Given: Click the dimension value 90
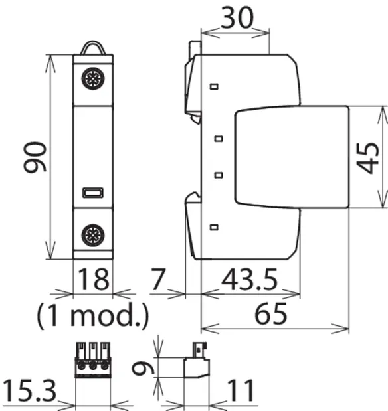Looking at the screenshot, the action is (x=35, y=157).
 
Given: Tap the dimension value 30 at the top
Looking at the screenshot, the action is (x=238, y=18).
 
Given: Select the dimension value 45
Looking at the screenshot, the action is (x=367, y=158).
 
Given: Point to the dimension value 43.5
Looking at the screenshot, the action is (x=249, y=280).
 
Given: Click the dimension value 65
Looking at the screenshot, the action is (x=271, y=314).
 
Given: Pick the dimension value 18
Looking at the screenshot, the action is (x=94, y=280).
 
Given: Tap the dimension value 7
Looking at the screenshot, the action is (x=158, y=280).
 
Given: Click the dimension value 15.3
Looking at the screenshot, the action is (x=29, y=391).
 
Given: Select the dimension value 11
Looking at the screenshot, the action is (x=241, y=391).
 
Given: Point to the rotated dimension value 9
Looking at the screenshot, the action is (x=143, y=369).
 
